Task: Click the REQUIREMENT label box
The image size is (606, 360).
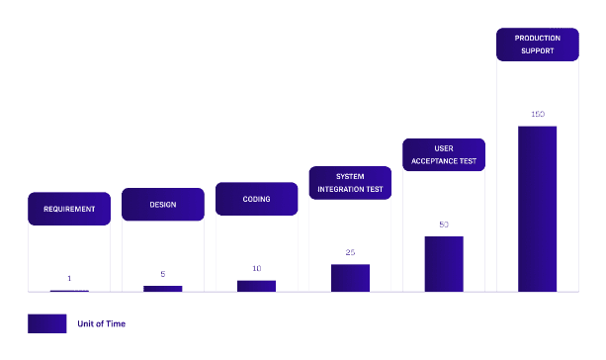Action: tap(69, 209)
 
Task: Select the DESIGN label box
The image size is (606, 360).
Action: tap(163, 205)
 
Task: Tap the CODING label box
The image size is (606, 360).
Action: tap(257, 199)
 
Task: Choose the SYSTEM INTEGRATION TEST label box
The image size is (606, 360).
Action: tap(350, 183)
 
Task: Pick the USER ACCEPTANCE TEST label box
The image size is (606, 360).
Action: tap(444, 154)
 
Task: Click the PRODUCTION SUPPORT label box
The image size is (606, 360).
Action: tap(538, 45)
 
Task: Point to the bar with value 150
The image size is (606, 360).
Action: tap(538, 209)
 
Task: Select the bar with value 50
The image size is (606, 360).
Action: tap(444, 264)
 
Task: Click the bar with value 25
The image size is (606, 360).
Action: tap(350, 278)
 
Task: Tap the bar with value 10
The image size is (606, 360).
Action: tap(257, 286)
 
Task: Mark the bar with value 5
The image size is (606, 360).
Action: tap(163, 289)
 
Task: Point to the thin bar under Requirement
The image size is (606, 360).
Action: tap(69, 291)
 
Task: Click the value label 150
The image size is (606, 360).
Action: tap(538, 114)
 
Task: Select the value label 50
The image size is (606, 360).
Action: tap(444, 225)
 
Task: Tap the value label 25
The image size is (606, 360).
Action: tap(350, 252)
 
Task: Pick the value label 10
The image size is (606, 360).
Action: tap(257, 268)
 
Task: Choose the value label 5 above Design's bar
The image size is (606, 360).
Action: tap(163, 274)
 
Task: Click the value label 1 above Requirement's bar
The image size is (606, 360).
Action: tap(69, 279)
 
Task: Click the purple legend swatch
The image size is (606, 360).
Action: tap(47, 323)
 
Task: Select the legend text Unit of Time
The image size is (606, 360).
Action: tap(101, 323)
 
